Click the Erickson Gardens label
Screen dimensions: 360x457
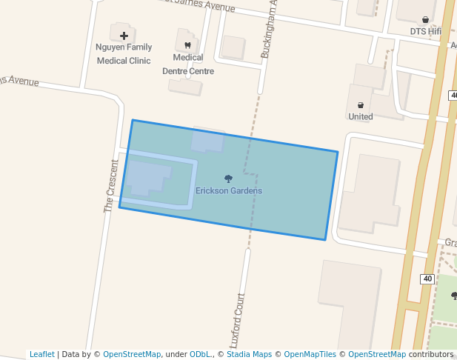[x=228, y=190]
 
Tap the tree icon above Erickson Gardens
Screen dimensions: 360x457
[x=228, y=178]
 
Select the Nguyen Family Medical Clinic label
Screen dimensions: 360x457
[x=124, y=53]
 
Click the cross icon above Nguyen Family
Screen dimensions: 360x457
[x=124, y=36]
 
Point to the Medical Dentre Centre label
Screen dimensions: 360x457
[x=188, y=64]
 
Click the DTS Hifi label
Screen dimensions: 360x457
[x=425, y=32]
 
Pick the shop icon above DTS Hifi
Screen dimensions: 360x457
[x=425, y=20]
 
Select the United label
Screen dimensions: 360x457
[x=361, y=116]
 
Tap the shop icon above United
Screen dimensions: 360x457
[x=361, y=105]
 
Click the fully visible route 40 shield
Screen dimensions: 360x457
[x=427, y=279]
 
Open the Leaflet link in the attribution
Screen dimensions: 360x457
[x=41, y=354]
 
